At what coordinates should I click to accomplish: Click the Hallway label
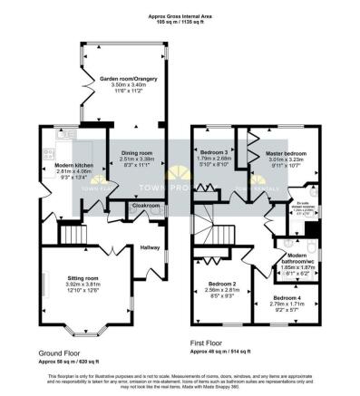tap(150, 246)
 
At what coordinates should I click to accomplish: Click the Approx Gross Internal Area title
tap(180, 15)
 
